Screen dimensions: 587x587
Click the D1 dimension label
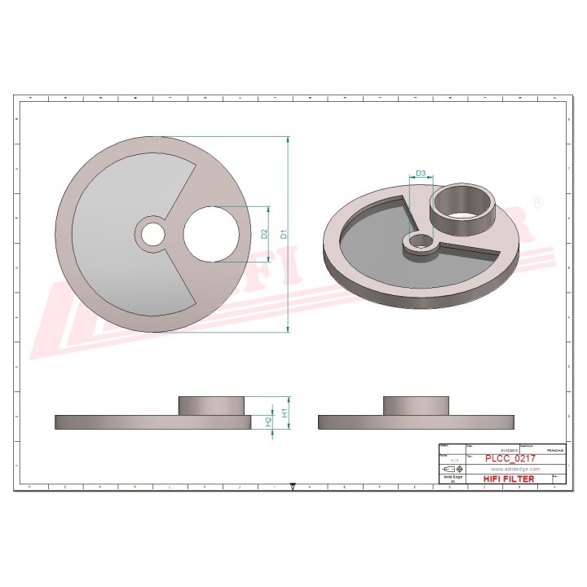284,233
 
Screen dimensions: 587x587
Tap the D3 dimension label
421,174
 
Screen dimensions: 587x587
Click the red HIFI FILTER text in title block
509,479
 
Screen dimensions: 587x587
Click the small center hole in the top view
152,233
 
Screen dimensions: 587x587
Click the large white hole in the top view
211,233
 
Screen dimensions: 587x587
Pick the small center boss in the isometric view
421,242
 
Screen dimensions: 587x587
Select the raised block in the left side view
211,405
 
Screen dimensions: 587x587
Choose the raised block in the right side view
415,405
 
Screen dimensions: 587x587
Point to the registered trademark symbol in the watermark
536,201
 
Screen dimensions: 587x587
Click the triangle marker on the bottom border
293,488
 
